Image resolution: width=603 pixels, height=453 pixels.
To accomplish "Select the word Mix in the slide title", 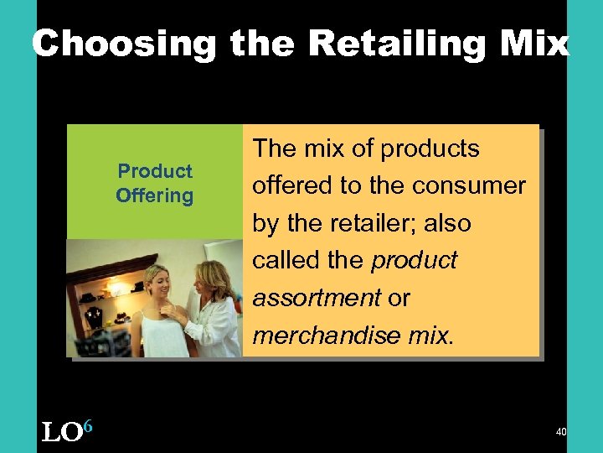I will [x=532, y=44].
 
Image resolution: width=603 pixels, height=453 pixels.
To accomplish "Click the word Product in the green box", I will [x=155, y=171].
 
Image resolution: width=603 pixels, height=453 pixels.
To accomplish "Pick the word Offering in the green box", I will [x=155, y=196].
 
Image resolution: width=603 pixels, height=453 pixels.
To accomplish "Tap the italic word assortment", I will [x=317, y=298].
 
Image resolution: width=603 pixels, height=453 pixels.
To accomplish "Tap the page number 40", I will [x=561, y=431].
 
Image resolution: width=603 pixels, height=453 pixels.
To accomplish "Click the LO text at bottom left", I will [x=61, y=433].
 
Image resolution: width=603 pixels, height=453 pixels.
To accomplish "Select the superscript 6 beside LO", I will [x=87, y=427].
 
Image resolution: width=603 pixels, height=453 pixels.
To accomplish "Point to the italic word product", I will [x=414, y=260].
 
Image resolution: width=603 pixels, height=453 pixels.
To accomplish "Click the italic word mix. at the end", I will [x=430, y=335].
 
